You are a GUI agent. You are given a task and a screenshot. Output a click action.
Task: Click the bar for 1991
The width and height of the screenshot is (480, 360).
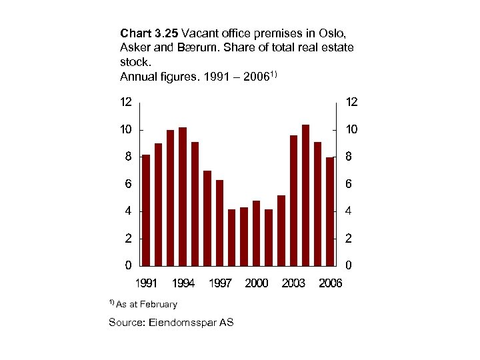(146, 210)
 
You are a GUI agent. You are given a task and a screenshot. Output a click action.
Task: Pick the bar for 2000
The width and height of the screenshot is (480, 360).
(256, 233)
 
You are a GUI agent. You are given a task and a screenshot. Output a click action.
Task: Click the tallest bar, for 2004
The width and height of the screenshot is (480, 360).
(305, 195)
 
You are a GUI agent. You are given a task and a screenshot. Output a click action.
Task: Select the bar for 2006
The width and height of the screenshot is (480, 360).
(329, 211)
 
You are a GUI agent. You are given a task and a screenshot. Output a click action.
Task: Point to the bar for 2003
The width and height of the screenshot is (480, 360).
(293, 200)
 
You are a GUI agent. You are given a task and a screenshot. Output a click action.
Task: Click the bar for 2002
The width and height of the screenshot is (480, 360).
(281, 230)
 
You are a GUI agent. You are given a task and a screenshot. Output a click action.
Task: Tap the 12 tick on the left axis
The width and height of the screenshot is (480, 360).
(125, 102)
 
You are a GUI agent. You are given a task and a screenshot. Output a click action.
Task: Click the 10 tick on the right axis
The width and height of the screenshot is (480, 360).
(351, 129)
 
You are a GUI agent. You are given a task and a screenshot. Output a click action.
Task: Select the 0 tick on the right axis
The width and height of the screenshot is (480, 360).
(349, 265)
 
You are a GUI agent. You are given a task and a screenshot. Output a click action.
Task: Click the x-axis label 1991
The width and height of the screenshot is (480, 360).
(146, 283)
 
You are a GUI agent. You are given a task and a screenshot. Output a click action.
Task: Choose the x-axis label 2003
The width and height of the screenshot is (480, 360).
(293, 283)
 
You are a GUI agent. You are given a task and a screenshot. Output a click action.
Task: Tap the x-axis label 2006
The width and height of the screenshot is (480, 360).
(330, 283)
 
